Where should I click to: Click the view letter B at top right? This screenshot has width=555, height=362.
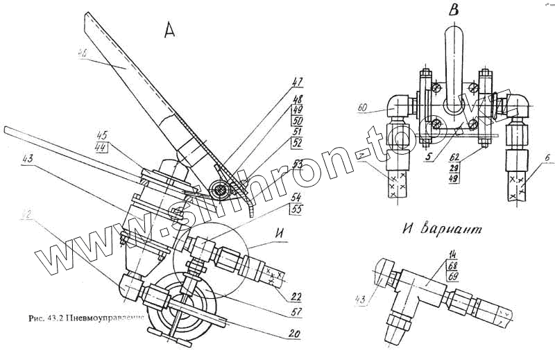tap(452, 10)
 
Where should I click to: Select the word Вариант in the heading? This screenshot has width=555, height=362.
tap(463, 228)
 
